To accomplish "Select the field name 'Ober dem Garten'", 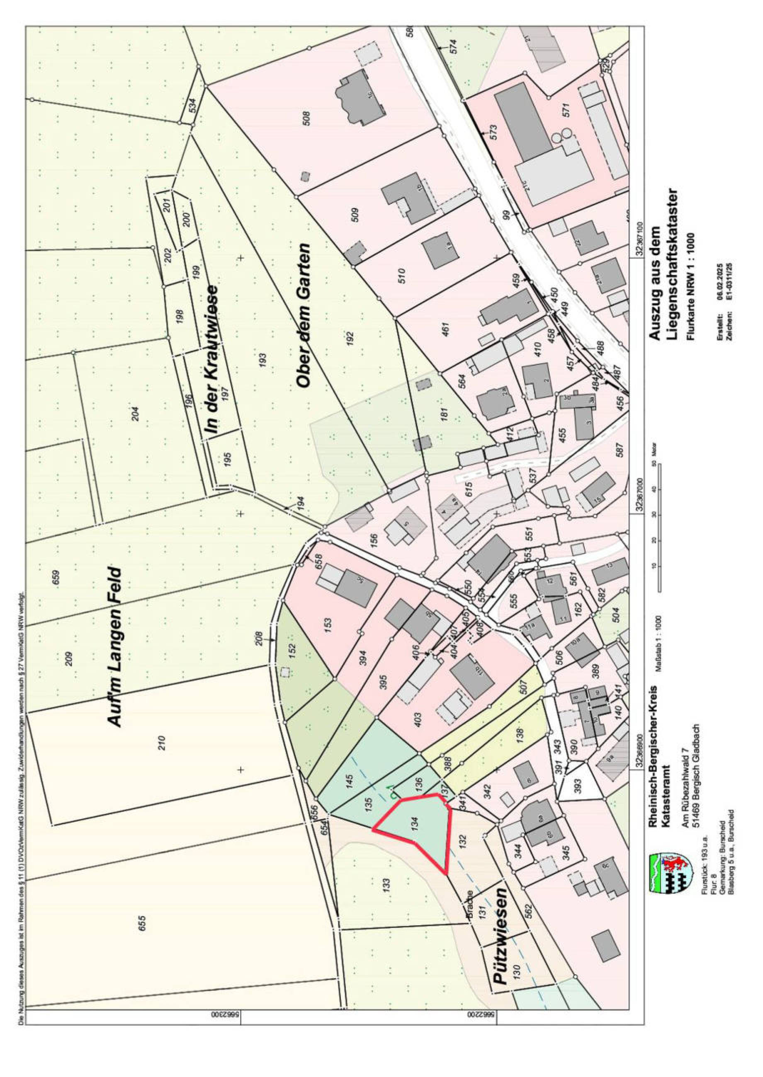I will point(304,315).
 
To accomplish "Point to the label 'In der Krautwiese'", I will point(212,360).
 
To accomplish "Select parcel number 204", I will point(136,414).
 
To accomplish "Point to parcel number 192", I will point(350,336).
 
